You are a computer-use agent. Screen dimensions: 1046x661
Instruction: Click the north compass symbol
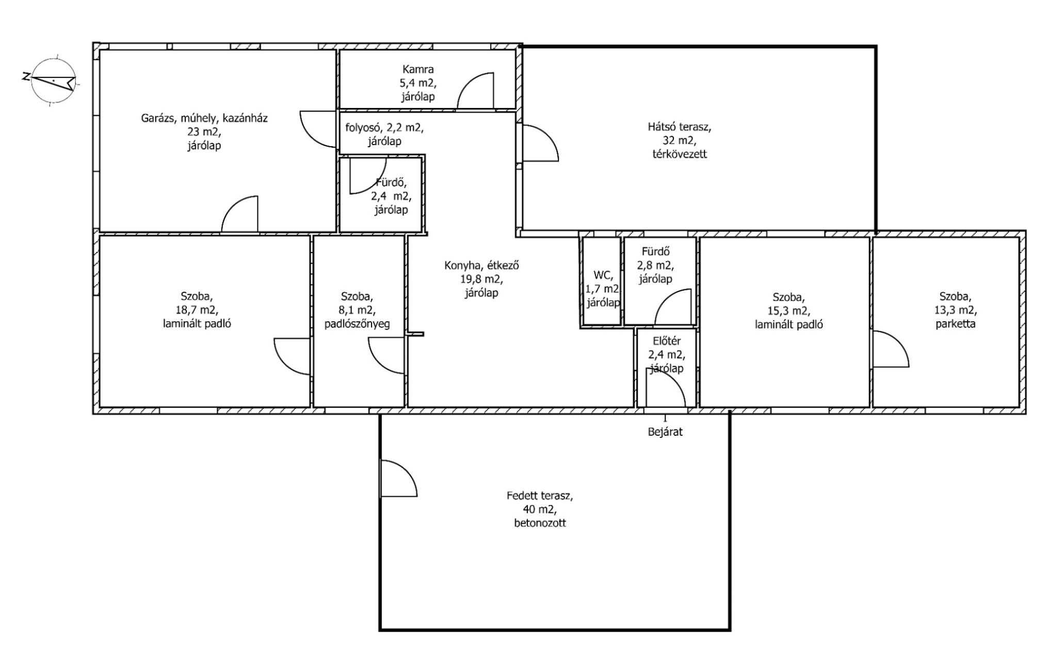pos(53,80)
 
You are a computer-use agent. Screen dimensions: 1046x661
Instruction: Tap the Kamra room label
pos(418,69)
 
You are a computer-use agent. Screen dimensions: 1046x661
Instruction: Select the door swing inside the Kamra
pos(476,91)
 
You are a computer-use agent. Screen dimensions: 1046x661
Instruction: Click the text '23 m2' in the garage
pos(204,132)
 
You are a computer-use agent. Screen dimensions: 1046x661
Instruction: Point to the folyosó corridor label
pos(384,134)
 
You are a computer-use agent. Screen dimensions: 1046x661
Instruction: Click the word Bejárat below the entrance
pos(665,432)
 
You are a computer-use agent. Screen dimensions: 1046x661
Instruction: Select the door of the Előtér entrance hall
pos(666,387)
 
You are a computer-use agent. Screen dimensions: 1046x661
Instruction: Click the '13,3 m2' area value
pos(956,310)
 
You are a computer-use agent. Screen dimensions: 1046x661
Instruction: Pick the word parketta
pos(956,324)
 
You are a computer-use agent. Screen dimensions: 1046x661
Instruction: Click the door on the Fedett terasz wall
pos(398,478)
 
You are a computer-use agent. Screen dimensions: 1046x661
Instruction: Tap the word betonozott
pos(540,523)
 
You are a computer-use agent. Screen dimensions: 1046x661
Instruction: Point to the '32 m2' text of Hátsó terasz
pos(680,140)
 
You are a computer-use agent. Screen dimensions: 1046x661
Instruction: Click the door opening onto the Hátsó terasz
pos(540,143)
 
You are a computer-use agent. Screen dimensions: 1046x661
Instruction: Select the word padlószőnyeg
pos(357,324)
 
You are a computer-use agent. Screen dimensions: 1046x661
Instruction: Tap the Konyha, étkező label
pos(481,265)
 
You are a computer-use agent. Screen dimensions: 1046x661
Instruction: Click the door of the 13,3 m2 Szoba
pos(891,349)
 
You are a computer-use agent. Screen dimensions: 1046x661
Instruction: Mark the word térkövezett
pos(680,154)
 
